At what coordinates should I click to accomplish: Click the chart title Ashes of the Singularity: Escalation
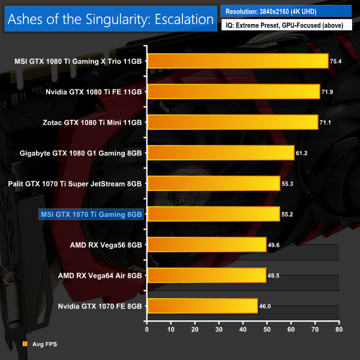pos(110,20)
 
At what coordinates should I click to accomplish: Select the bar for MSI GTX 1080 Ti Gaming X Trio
pos(238,61)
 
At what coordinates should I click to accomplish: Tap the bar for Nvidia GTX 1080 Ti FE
pos(233,91)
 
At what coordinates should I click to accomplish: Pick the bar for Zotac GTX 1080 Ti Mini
pos(232,122)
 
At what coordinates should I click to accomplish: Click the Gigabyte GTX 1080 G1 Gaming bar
pos(220,152)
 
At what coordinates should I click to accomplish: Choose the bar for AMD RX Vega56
pos(206,244)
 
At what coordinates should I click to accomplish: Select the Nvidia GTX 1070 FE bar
pos(202,305)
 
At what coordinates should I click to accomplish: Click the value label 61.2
pos(302,152)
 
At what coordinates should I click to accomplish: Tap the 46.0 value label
pos(265,305)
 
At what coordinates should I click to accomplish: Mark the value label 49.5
pos(274,275)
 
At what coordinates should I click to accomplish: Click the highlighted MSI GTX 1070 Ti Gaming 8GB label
pos(91,214)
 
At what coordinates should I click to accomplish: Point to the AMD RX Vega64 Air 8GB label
pos(100,275)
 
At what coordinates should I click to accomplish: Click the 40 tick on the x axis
pos(243,329)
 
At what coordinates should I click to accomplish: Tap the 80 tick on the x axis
pos(339,329)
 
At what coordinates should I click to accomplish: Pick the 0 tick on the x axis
pos(147,329)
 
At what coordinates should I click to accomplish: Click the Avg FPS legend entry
pos(39,344)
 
